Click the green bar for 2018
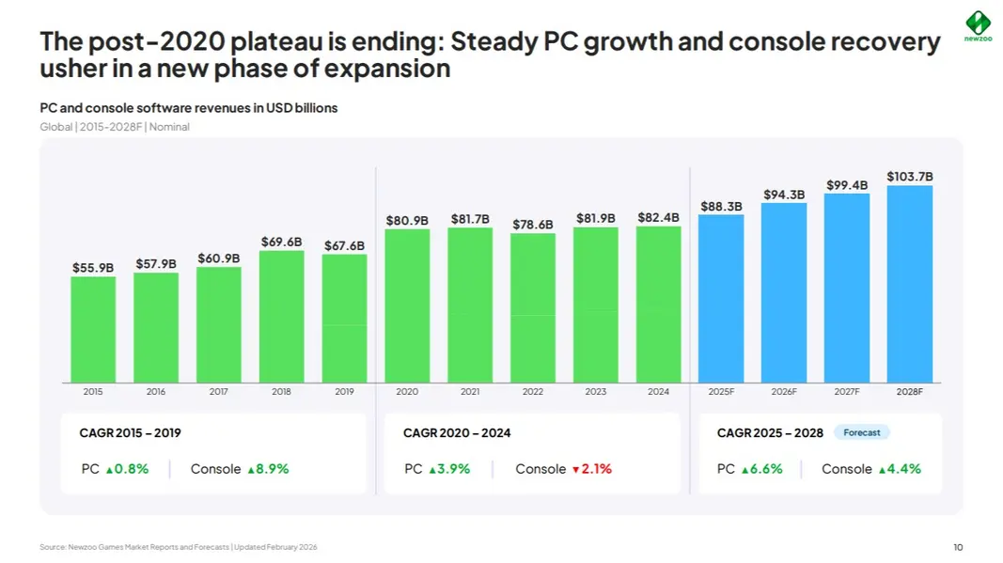pyautogui.click(x=281, y=317)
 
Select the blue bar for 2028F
pyautogui.click(x=910, y=284)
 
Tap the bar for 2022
pyautogui.click(x=533, y=307)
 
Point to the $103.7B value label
pyautogui.click(x=910, y=176)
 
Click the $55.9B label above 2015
pyautogui.click(x=93, y=268)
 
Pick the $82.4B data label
pyautogui.click(x=658, y=217)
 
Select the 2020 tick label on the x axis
pyautogui.click(x=407, y=392)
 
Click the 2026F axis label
pyautogui.click(x=784, y=392)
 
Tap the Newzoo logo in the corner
pyautogui.click(x=978, y=26)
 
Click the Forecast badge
pyautogui.click(x=862, y=432)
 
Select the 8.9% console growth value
pyautogui.click(x=268, y=469)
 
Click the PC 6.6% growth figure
pyautogui.click(x=761, y=469)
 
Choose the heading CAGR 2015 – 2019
pyautogui.click(x=130, y=433)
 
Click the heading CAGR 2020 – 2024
pyautogui.click(x=457, y=433)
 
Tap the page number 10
pyautogui.click(x=958, y=547)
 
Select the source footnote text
pyautogui.click(x=179, y=547)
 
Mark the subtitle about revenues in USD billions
pyautogui.click(x=189, y=107)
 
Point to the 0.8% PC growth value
pyautogui.click(x=127, y=469)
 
